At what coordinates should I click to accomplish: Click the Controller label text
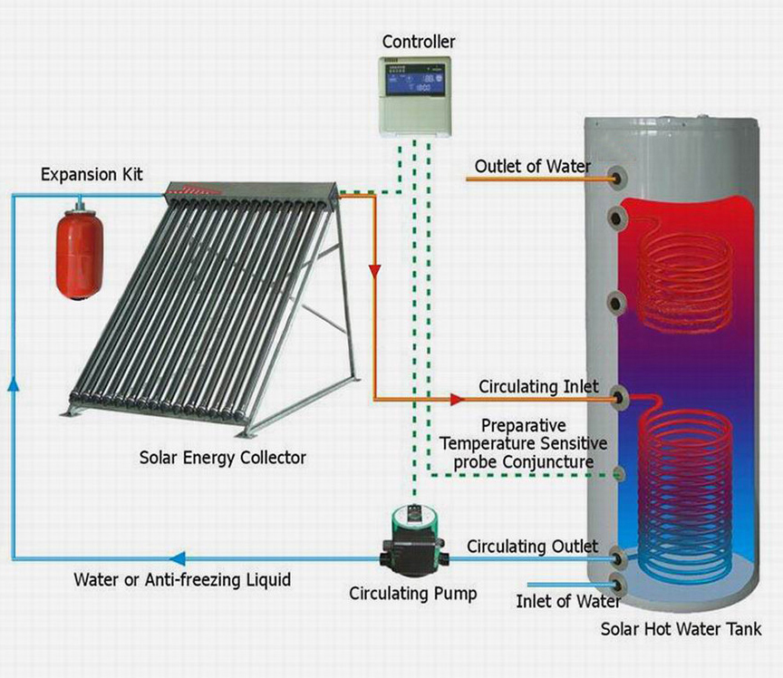coord(419,42)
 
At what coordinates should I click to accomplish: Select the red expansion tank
coord(79,254)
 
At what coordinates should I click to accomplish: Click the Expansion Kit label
coord(92,174)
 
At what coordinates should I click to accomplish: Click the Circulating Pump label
coord(412,594)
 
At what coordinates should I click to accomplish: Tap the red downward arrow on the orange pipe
coord(374,272)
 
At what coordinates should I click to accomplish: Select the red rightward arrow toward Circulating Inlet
coord(457,399)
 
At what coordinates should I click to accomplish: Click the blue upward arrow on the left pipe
coord(14,383)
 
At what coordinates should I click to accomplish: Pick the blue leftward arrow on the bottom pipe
coord(178,558)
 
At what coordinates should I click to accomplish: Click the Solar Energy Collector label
coord(222,458)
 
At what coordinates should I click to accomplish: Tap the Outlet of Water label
coord(532,167)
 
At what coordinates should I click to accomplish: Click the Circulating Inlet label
coord(538,386)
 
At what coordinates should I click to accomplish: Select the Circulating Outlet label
coord(532,546)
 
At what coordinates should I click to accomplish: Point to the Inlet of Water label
coord(568,601)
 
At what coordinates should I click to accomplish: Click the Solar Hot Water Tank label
coord(681,628)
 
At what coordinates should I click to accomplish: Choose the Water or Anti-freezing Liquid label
coord(182,580)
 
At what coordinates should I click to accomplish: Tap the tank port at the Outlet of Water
coord(619,178)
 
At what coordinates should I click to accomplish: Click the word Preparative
coord(523,426)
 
